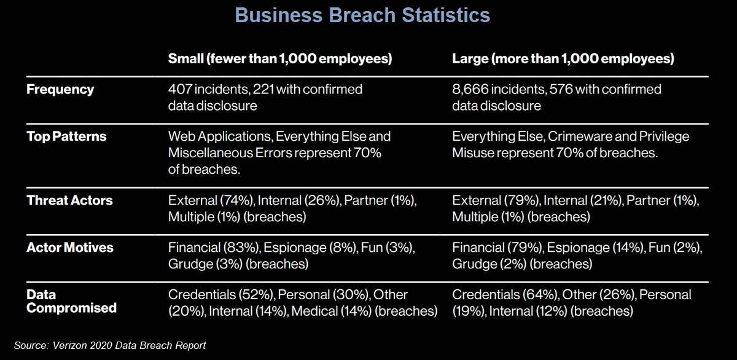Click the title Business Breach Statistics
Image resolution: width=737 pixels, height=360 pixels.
point(362,15)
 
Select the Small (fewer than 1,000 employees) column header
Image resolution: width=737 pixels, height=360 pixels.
point(280,59)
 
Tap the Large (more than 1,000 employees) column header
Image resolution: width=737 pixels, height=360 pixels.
point(563,59)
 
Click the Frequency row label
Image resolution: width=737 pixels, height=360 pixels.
point(60,90)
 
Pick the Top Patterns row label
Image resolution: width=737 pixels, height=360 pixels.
point(66,137)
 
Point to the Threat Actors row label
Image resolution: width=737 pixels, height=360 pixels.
point(69,200)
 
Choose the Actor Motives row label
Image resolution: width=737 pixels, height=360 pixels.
point(70,248)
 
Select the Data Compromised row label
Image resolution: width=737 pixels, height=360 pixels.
point(71,301)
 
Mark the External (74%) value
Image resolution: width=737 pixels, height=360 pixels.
point(211,200)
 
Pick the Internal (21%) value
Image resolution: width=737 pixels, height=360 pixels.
point(583,200)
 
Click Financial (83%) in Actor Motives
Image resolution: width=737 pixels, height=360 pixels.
point(214,248)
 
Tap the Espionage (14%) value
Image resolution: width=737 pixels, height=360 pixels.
point(596,248)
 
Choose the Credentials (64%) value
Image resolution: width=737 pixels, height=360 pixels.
point(505,295)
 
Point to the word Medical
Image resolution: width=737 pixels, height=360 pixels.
point(314,311)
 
